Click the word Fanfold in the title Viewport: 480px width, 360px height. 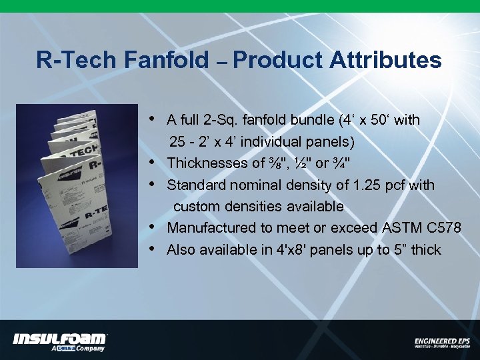pos(166,61)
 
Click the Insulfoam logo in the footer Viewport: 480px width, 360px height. pos(59,339)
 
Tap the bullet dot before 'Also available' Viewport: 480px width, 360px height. pos(153,249)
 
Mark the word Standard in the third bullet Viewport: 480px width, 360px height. pos(193,185)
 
